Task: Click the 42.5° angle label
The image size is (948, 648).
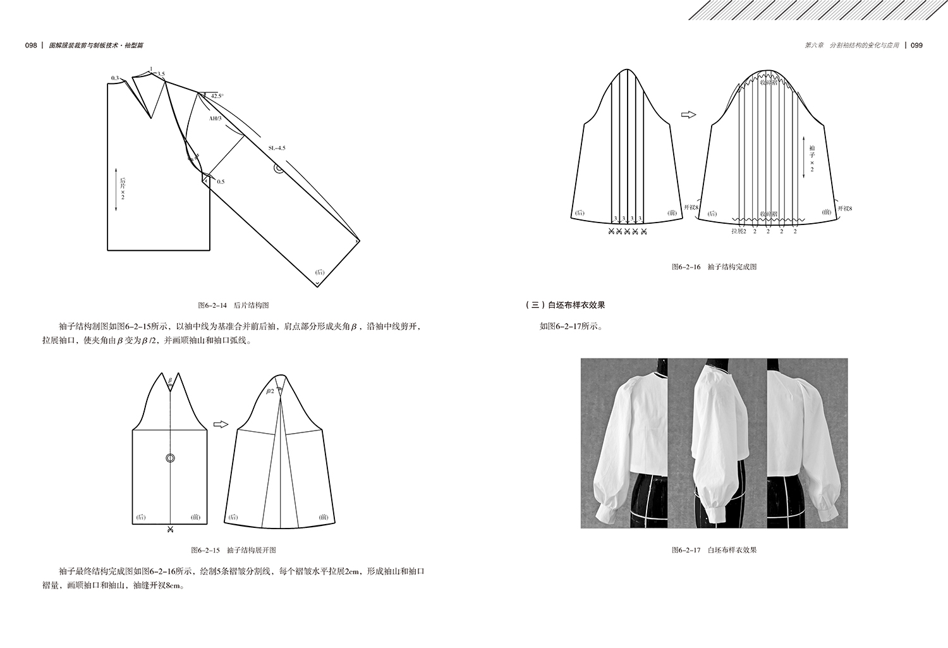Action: (217, 95)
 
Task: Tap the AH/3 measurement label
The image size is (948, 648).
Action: (216, 118)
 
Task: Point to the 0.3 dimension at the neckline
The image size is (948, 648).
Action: (114, 78)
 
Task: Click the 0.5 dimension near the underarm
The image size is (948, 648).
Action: (221, 181)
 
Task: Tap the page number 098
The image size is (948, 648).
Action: (31, 46)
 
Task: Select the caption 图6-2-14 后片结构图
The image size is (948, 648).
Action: (234, 305)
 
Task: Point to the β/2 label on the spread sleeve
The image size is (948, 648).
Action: (270, 391)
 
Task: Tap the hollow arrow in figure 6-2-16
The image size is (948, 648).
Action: (688, 114)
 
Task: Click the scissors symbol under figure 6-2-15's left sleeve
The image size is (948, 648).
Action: (169, 529)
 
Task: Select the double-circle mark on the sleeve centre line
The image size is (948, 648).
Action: (170, 458)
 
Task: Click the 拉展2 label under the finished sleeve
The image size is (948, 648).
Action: (739, 231)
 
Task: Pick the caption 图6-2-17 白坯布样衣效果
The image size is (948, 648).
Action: (714, 550)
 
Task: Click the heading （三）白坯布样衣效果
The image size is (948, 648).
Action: (565, 305)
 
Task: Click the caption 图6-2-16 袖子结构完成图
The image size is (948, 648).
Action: (714, 267)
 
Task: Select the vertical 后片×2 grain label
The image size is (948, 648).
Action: (123, 189)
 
